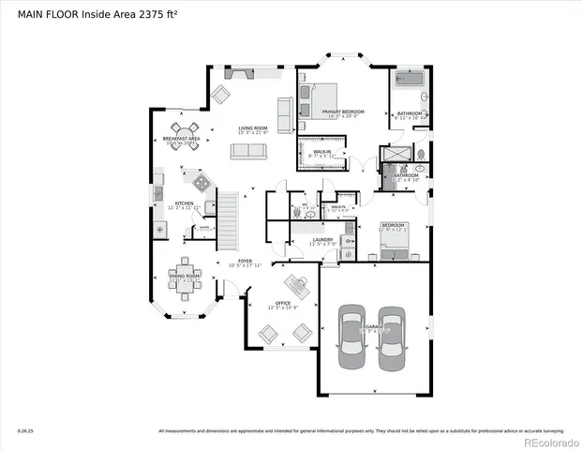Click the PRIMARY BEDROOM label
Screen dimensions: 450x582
point(343,112)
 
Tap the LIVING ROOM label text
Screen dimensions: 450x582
point(253,129)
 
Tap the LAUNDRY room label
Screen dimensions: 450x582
point(323,240)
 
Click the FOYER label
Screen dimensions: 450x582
point(244,262)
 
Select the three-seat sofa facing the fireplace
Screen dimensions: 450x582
point(253,151)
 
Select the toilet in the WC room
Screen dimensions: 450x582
point(296,214)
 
